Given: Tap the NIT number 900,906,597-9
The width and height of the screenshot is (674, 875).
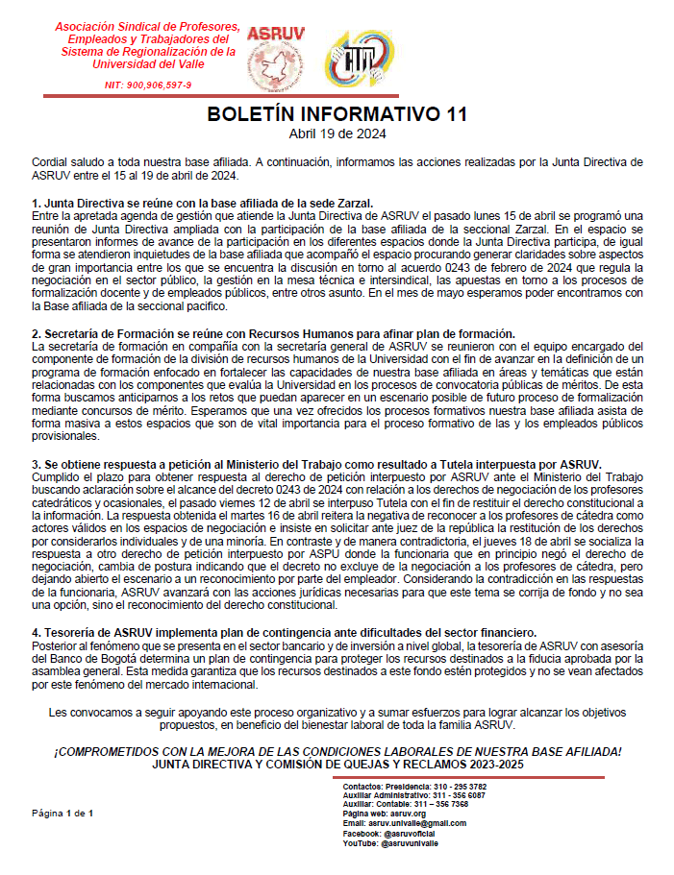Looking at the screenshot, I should point(148,85).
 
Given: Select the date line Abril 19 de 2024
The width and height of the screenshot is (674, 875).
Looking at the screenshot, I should point(337,133).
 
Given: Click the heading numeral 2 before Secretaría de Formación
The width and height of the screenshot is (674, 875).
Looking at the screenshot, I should point(36,332).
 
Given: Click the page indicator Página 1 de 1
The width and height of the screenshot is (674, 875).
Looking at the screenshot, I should point(62,814).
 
